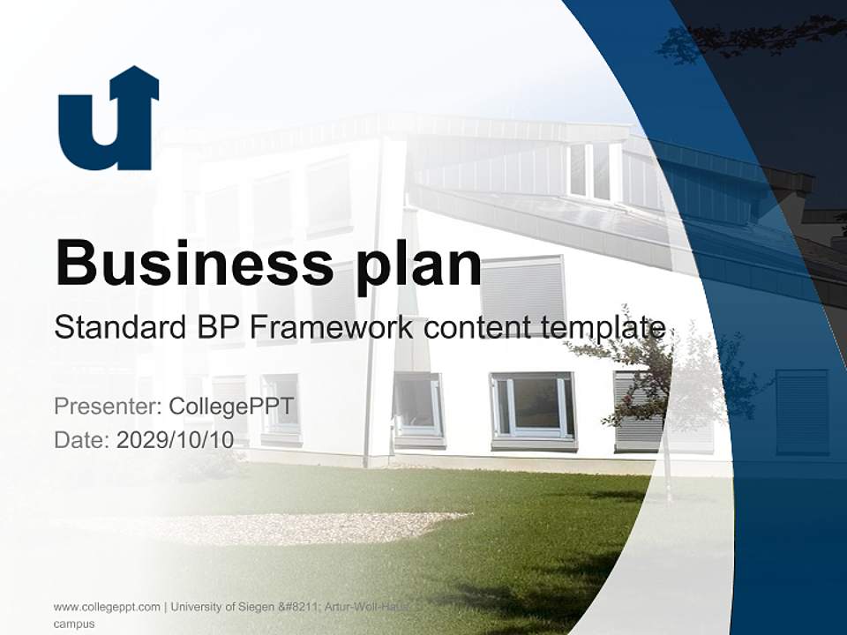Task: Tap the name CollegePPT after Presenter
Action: coord(231,407)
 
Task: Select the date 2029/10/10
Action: coord(175,439)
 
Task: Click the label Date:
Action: coord(82,439)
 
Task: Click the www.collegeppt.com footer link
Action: coord(107,607)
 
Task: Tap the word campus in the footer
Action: coord(74,624)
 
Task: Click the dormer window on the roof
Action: coord(589,170)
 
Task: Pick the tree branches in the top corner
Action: coord(750,37)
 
